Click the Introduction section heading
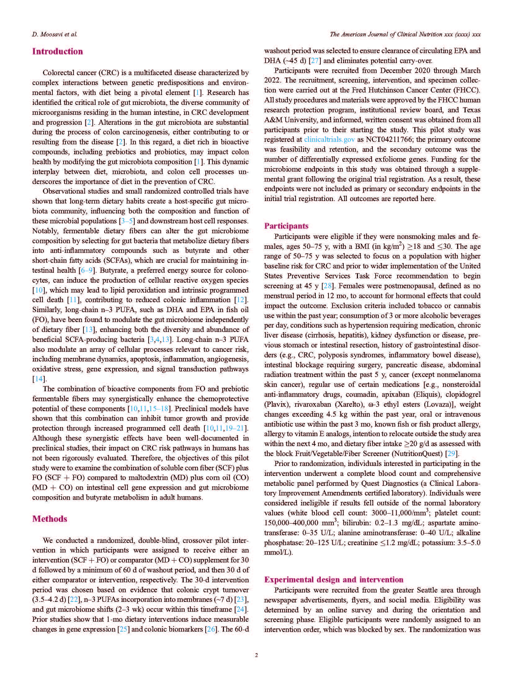click(x=57, y=51)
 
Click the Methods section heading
click(x=50, y=519)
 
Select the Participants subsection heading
click(x=286, y=226)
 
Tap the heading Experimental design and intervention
click(x=333, y=579)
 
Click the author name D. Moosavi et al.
click(x=55, y=34)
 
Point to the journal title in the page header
click(x=405, y=34)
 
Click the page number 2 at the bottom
click(x=256, y=655)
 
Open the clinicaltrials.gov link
click(x=329, y=140)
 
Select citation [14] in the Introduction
click(x=39, y=379)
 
